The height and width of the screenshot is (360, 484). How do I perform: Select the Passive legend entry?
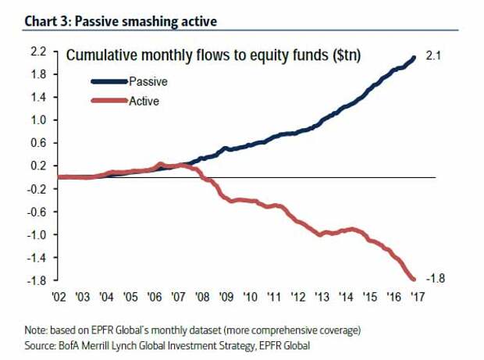[x=148, y=80]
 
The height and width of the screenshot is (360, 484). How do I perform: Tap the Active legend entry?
[x=144, y=101]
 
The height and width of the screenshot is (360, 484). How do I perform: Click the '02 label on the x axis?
[x=59, y=297]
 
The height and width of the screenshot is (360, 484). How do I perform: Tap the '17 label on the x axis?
[x=417, y=297]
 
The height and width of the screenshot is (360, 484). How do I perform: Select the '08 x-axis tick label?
[x=202, y=297]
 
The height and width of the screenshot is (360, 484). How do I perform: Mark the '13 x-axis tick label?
[x=322, y=297]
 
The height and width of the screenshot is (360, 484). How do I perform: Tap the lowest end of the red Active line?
[x=412, y=278]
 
